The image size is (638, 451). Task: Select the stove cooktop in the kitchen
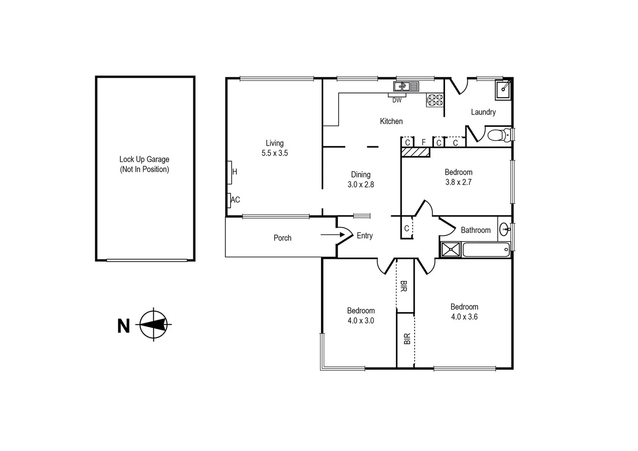(x=435, y=100)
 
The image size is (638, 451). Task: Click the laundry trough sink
(x=503, y=90)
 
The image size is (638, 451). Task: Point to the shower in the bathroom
(x=451, y=250)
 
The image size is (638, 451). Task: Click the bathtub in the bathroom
(x=486, y=250)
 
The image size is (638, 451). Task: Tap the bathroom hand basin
(x=505, y=229)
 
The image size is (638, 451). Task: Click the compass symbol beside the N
(x=154, y=324)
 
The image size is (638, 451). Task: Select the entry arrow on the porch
(x=332, y=235)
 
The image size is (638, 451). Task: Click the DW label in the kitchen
(x=397, y=100)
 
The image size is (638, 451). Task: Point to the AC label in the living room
(x=235, y=200)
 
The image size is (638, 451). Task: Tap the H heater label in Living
(x=235, y=172)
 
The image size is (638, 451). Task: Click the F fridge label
(x=423, y=142)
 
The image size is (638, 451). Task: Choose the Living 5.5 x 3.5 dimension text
(x=275, y=153)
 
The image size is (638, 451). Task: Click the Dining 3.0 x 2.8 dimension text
(x=361, y=185)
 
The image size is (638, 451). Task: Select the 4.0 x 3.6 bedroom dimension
(x=464, y=317)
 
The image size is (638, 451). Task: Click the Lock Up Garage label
(x=144, y=159)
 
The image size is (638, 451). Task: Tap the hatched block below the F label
(x=415, y=152)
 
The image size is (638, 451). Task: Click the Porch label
(x=282, y=238)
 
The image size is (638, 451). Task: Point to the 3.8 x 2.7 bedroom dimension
(x=458, y=182)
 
